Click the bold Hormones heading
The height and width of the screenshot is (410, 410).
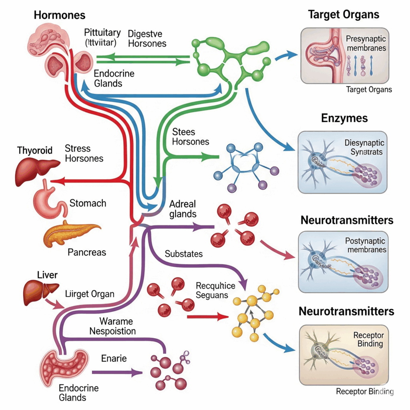60,15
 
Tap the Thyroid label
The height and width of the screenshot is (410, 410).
35,151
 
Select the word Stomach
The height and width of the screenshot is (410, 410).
88,203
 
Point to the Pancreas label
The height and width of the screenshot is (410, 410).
87,252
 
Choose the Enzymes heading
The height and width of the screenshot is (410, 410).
344,119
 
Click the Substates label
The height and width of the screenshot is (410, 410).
184,254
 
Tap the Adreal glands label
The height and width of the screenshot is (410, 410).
183,209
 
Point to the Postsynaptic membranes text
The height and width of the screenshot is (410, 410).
365,245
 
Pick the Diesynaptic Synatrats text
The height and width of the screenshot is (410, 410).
364,147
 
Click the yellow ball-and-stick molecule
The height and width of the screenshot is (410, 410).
252,312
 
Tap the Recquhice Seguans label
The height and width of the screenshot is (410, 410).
215,290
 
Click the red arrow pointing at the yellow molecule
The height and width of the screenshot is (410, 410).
204,317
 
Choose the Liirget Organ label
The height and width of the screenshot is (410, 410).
89,294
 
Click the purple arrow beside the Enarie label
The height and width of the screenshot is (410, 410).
117,372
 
